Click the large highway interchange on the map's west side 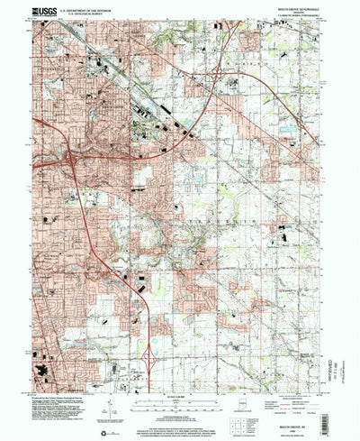[73, 160]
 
